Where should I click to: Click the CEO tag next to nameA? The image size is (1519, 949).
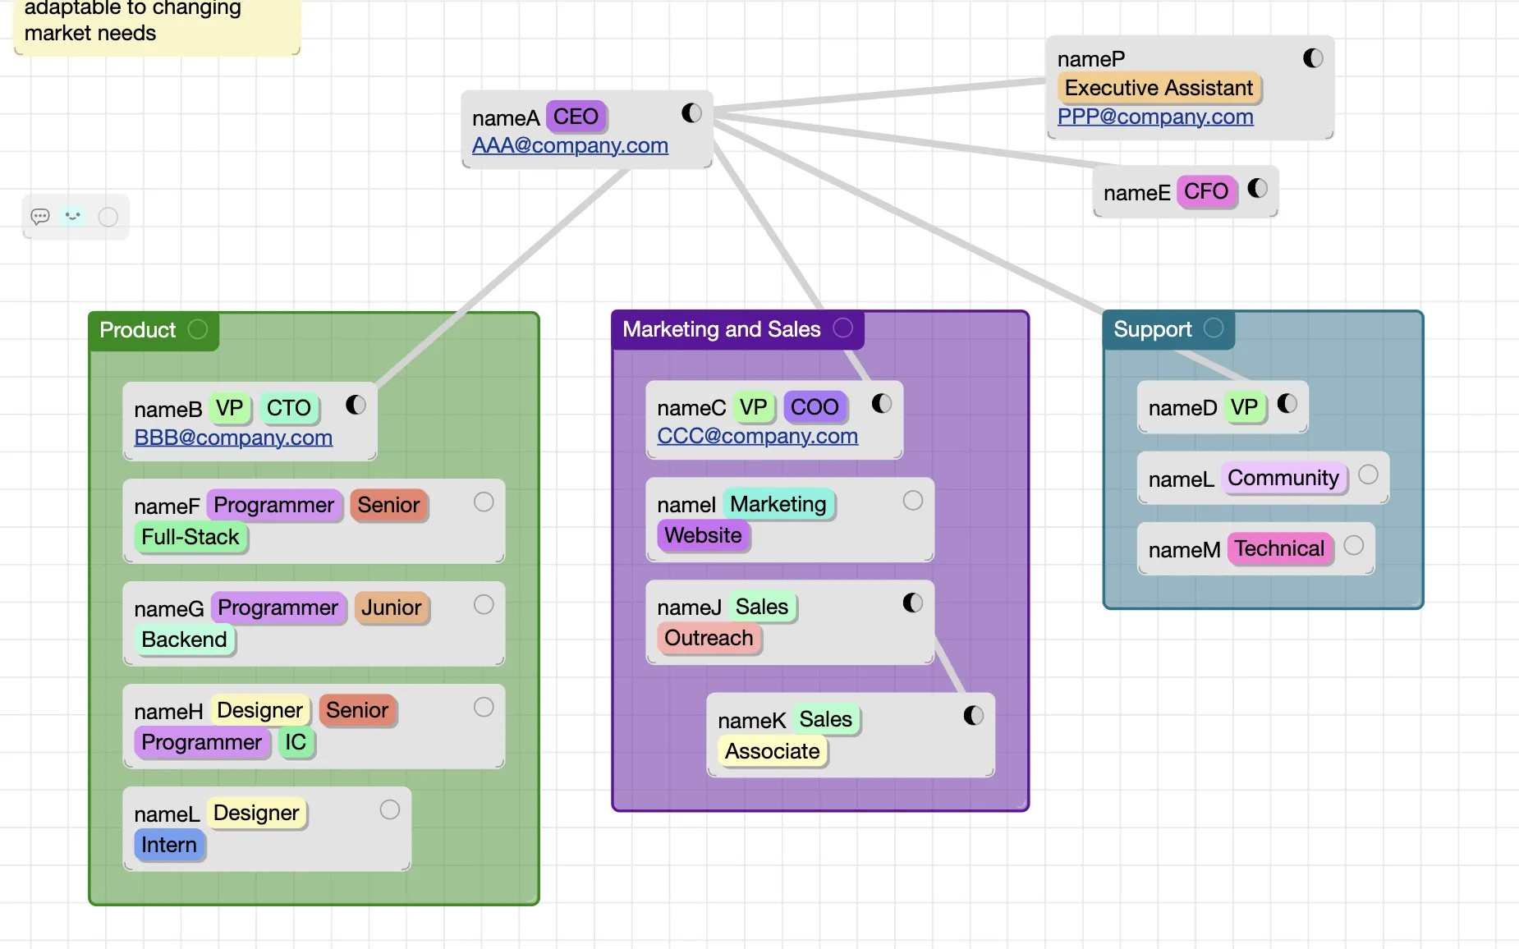coord(575,117)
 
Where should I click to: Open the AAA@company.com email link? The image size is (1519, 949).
coord(570,145)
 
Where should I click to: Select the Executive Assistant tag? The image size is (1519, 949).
coord(1158,88)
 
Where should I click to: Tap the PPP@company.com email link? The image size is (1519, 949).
coord(1154,117)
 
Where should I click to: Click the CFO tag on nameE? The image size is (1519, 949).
coord(1205,192)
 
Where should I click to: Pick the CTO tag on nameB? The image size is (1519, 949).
coord(288,408)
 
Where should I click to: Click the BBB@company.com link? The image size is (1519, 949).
coord(233,438)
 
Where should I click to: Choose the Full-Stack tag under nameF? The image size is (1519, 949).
coord(190,537)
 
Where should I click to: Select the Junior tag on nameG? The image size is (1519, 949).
coord(391,607)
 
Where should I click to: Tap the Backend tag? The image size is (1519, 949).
coord(184,640)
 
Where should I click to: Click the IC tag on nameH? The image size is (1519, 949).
coord(296,742)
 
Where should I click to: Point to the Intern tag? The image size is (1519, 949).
coord(168,845)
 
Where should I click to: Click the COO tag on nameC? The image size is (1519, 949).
coord(814,407)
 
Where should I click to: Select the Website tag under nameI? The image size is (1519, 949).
coord(703,535)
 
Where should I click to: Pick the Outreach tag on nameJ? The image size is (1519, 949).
coord(709,638)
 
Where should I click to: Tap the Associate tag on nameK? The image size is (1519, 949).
coord(772,751)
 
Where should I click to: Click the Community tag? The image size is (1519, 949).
coord(1283,478)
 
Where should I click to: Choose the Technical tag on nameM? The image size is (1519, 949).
coord(1279,548)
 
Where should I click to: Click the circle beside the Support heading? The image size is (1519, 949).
coord(1214,328)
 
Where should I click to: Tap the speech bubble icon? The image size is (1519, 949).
coord(40,217)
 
